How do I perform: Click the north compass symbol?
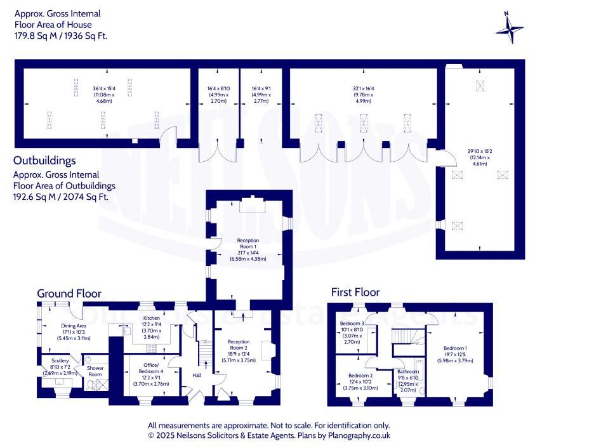[x=510, y=27]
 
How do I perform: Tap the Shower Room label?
[x=95, y=371]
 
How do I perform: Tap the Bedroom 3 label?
[x=353, y=324]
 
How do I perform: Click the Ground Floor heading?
[x=69, y=293]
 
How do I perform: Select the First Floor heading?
[x=355, y=292]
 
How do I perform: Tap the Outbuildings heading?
[x=44, y=161]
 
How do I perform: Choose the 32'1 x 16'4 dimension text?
[x=363, y=88]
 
